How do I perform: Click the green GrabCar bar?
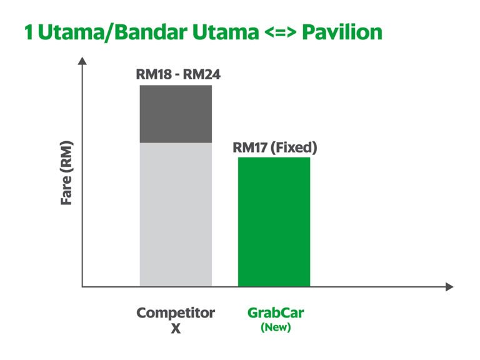pyautogui.click(x=274, y=222)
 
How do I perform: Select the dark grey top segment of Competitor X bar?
pyautogui.click(x=176, y=114)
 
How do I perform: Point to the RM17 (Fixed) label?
pyautogui.click(x=275, y=148)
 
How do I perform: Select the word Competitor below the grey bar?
pyautogui.click(x=176, y=312)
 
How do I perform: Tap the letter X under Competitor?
pyautogui.click(x=176, y=327)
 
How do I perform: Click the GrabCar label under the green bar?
pyautogui.click(x=275, y=312)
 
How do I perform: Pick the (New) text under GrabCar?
pyautogui.click(x=275, y=327)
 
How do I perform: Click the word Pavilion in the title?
pyautogui.click(x=342, y=32)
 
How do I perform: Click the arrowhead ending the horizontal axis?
pyautogui.click(x=449, y=287)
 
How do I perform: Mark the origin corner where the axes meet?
pyautogui.click(x=82, y=287)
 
